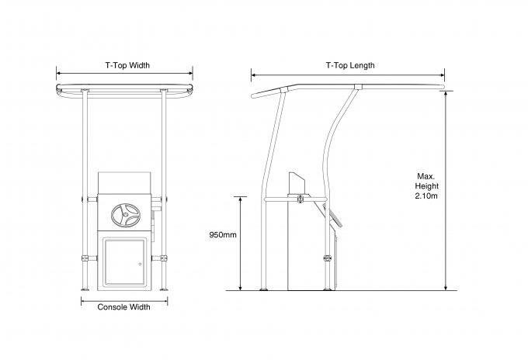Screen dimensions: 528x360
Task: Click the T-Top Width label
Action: point(127,65)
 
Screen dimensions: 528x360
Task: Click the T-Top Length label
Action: point(350,65)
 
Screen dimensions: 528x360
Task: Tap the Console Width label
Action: point(124,306)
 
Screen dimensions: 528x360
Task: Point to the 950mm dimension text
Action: point(223,235)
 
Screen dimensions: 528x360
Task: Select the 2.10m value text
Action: point(426,196)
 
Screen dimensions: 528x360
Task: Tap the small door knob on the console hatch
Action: point(141,264)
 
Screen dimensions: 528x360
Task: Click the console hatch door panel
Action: point(124,261)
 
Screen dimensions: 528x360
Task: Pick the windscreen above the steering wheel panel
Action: point(124,183)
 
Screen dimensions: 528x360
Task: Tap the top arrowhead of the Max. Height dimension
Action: point(446,94)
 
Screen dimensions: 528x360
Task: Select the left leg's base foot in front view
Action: point(85,289)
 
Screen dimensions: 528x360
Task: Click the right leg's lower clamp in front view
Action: point(164,258)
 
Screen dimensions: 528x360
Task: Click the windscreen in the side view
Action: point(297,184)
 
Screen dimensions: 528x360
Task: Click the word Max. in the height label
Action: point(426,176)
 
